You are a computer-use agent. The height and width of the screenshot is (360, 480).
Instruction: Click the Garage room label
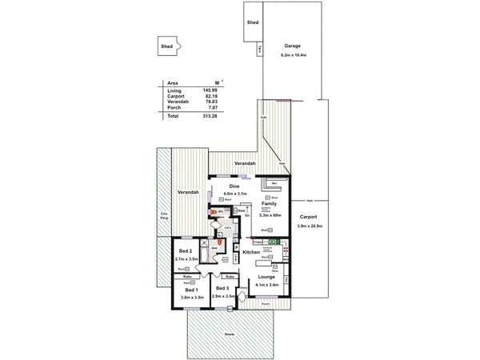292,46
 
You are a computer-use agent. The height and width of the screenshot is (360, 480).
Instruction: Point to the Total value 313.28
210,116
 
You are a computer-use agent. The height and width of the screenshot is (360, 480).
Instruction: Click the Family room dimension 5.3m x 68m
269,214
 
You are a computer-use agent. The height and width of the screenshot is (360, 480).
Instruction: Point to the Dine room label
234,186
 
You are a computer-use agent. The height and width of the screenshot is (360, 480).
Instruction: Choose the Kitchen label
252,253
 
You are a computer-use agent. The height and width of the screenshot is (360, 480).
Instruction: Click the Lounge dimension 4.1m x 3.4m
266,285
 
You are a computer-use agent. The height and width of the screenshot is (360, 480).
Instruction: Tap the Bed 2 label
185,252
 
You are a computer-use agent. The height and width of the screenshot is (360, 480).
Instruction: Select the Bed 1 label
191,289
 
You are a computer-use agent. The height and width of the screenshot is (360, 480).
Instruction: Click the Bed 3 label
222,289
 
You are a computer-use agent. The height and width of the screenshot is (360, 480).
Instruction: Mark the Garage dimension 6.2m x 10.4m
292,55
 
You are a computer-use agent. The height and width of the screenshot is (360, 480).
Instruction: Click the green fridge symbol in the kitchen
274,241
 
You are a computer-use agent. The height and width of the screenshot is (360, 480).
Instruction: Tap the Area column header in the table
172,82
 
